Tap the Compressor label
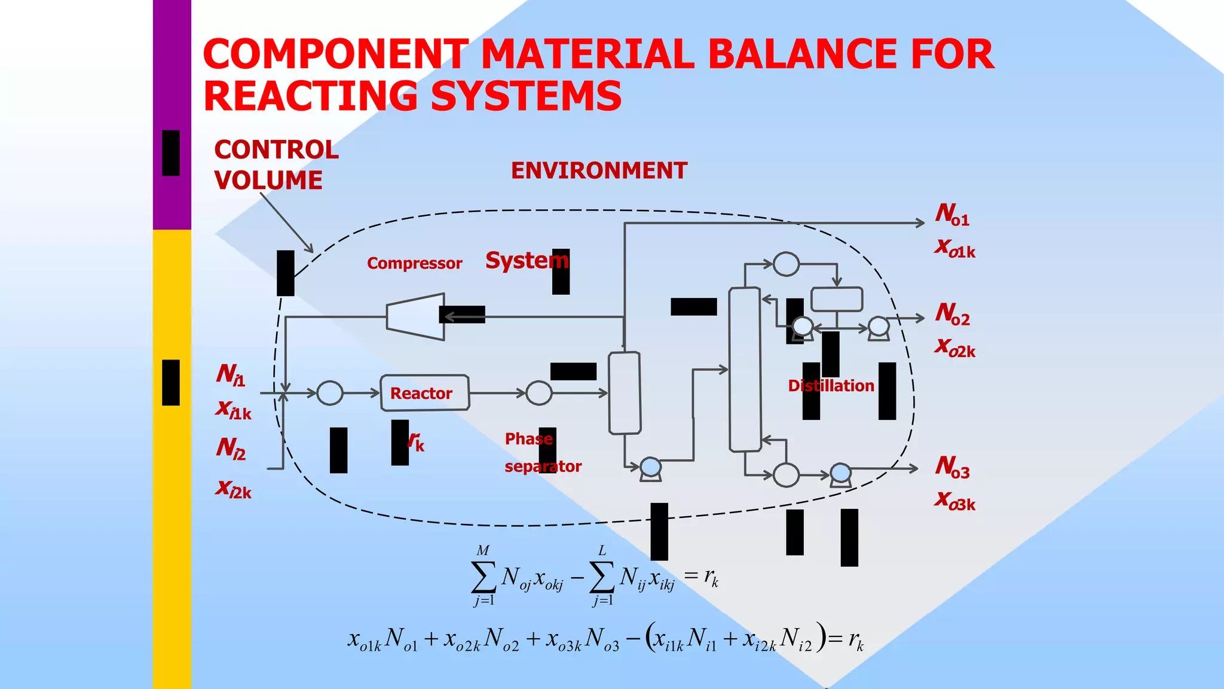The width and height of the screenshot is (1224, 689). tap(414, 263)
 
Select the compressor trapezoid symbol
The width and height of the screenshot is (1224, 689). tap(416, 316)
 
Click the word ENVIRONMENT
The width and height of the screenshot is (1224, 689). tap(599, 171)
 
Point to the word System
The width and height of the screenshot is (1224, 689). tap(527, 260)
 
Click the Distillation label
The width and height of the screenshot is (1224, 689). tap(831, 386)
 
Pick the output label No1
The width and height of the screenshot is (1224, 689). tap(952, 214)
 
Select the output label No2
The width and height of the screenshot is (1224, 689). tap(952, 313)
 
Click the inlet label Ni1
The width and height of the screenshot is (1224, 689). tap(231, 374)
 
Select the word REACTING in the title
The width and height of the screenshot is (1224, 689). tap(311, 96)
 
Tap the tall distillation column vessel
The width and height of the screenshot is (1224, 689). tap(745, 369)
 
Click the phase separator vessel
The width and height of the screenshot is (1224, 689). tap(625, 392)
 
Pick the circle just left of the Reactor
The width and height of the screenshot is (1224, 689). tap(330, 393)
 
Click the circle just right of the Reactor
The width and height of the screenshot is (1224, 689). tap(539, 393)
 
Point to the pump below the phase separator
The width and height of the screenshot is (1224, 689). tap(650, 468)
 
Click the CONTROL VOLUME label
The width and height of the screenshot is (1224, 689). tap(276, 165)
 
